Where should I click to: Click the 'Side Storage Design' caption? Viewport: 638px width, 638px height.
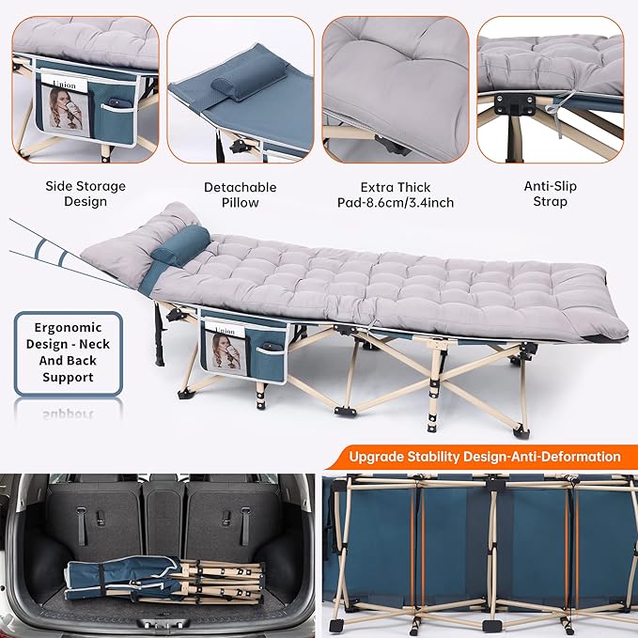pos(86,194)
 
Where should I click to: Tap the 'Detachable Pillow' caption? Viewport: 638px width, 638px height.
pos(240,195)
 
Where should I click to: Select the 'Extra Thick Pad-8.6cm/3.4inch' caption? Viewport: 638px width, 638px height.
pos(396,195)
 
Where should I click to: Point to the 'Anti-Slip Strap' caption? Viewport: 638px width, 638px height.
pos(550,194)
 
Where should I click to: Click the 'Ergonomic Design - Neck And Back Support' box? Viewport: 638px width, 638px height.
pos(69,352)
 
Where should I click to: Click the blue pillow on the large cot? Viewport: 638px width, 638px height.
pos(181,246)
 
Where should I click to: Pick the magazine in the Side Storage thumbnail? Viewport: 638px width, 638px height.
pos(65,105)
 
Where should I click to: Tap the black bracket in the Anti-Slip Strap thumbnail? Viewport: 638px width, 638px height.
pos(513,104)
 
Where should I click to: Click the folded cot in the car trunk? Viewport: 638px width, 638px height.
pos(164,580)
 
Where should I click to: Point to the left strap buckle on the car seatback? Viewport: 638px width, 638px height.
pos(82,525)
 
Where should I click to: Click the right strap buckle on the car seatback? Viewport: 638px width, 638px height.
pos(245,525)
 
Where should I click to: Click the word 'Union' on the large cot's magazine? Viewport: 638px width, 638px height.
pos(225,331)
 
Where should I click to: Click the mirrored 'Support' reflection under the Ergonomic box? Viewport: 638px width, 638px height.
pos(69,413)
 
